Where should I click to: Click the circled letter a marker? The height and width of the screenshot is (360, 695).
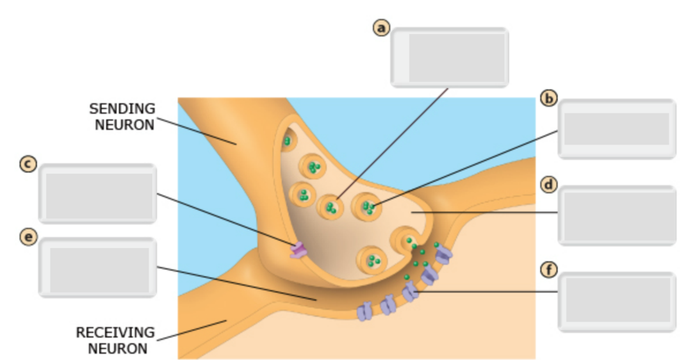pyautogui.click(x=381, y=27)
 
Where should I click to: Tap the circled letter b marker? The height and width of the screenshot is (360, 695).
pyautogui.click(x=549, y=98)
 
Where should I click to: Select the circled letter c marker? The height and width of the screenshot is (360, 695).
pyautogui.click(x=28, y=165)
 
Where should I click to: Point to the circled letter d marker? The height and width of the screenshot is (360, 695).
pyautogui.click(x=549, y=185)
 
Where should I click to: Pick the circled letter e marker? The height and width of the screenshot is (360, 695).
pyautogui.click(x=28, y=238)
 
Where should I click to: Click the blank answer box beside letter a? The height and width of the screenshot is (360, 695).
pyautogui.click(x=450, y=58)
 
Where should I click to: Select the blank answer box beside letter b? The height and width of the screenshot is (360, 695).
pyautogui.click(x=616, y=129)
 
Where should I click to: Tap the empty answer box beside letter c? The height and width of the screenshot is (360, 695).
pyautogui.click(x=98, y=194)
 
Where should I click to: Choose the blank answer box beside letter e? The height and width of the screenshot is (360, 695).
pyautogui.click(x=98, y=268)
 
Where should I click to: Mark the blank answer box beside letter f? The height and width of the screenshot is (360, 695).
pyautogui.click(x=616, y=302)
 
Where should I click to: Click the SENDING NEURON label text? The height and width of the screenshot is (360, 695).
pyautogui.click(x=122, y=117)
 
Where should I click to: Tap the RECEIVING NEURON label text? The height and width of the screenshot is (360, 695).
pyautogui.click(x=115, y=340)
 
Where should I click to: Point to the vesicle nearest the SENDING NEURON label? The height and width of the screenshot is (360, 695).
pyautogui.click(x=286, y=142)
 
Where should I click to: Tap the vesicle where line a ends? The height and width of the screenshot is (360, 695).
pyautogui.click(x=331, y=206)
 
